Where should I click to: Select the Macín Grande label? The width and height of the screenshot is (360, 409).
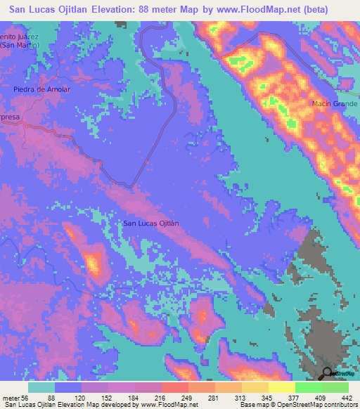point(333,105)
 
